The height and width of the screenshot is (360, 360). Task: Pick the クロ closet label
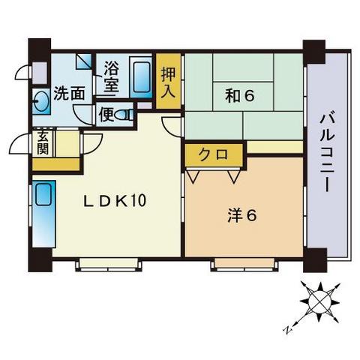point(214,154)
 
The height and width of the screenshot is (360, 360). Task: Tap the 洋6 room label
point(242,216)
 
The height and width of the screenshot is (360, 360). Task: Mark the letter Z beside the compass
point(286,328)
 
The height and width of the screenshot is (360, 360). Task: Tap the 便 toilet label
point(106,115)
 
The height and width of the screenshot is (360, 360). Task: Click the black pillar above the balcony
point(314,52)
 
